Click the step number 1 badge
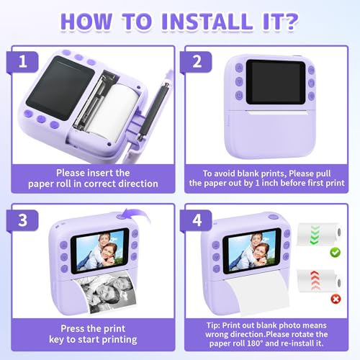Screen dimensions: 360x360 (22, 62)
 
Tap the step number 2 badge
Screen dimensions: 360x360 (197, 62)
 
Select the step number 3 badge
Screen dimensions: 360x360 (22, 220)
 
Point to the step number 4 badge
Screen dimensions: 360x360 (197, 220)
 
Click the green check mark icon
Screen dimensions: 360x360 (336, 252)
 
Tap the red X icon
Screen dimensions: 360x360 (336, 299)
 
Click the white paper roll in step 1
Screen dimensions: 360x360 (112, 112)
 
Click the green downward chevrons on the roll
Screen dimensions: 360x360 (315, 235)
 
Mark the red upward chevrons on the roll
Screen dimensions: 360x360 (315, 280)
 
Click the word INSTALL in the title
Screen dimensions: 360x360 (207, 22)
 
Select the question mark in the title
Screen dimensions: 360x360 (289, 22)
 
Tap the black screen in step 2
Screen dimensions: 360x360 (276, 82)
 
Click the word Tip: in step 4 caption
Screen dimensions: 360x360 (213, 325)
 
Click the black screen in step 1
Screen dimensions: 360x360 (60, 88)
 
